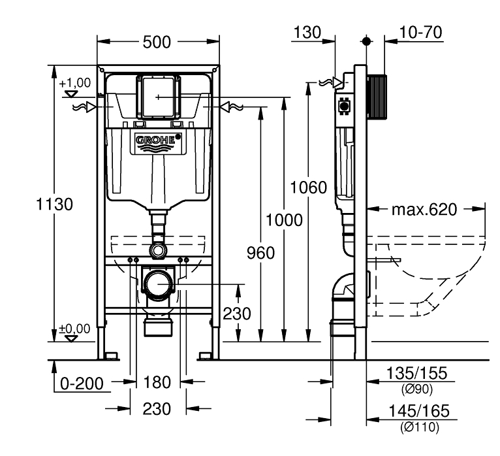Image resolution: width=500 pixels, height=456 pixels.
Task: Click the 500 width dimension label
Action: [x=157, y=42]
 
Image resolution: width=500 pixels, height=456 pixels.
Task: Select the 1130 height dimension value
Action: [x=54, y=204]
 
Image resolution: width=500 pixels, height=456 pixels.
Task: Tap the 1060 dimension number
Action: [x=309, y=188]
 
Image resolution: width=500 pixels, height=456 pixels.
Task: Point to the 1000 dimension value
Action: [x=283, y=220]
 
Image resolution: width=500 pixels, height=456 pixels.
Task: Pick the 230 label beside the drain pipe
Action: [x=236, y=314]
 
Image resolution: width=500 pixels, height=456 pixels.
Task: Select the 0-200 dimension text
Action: [x=82, y=383]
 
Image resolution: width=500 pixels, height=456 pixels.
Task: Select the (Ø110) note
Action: [x=419, y=428]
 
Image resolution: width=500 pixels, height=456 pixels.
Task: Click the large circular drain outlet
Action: [x=159, y=284]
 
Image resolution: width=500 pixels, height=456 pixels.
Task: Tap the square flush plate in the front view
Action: [x=158, y=97]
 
